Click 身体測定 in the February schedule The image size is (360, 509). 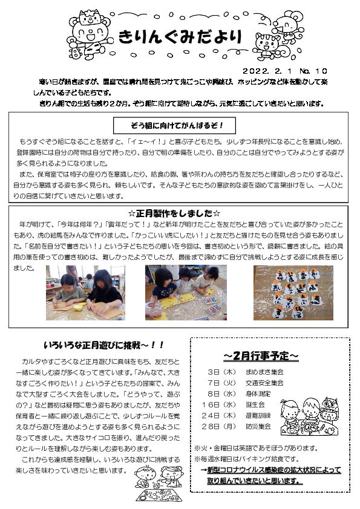(257, 394)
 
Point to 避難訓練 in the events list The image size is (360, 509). (257, 415)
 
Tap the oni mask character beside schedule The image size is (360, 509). (330, 406)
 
